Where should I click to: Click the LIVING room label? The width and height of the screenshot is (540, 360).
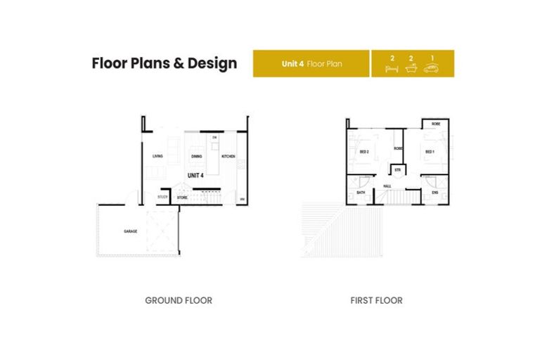pyautogui.click(x=158, y=156)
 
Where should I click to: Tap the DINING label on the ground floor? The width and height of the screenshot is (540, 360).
pyautogui.click(x=198, y=156)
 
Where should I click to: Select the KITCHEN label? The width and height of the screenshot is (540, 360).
pyautogui.click(x=229, y=156)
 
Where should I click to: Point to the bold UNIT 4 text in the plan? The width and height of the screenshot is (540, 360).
pyautogui.click(x=195, y=175)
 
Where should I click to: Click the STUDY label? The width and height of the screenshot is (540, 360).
pyautogui.click(x=162, y=197)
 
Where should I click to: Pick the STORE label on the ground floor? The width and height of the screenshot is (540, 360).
pyautogui.click(x=182, y=198)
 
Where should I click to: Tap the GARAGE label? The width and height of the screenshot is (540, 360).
pyautogui.click(x=131, y=231)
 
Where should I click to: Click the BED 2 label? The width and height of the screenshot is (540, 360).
pyautogui.click(x=364, y=151)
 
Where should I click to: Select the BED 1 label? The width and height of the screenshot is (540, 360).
pyautogui.click(x=429, y=151)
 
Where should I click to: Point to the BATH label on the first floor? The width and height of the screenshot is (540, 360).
pyautogui.click(x=361, y=192)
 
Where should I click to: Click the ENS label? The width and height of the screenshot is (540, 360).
pyautogui.click(x=435, y=192)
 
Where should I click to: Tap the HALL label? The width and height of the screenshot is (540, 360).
pyautogui.click(x=387, y=186)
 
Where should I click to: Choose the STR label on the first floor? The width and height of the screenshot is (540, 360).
pyautogui.click(x=397, y=169)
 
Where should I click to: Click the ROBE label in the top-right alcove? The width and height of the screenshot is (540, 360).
pyautogui.click(x=436, y=124)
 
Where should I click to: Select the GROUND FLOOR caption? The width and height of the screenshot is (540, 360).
pyautogui.click(x=179, y=300)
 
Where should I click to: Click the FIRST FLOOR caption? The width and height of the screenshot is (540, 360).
pyautogui.click(x=376, y=300)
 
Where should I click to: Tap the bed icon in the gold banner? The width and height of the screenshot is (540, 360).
pyautogui.click(x=392, y=69)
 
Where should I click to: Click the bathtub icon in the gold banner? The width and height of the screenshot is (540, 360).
pyautogui.click(x=412, y=69)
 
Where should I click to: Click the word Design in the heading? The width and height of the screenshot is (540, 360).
pyautogui.click(x=210, y=63)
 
